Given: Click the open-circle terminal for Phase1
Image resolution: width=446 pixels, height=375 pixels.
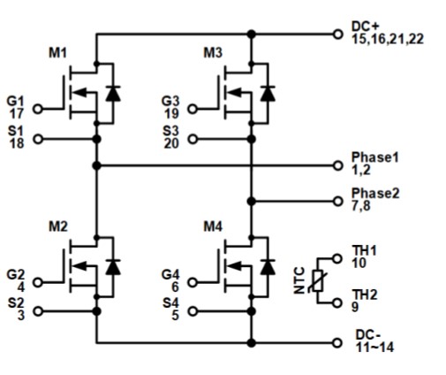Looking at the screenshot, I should coord(337,165).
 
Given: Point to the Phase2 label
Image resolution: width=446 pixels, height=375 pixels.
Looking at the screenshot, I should coord(374,194).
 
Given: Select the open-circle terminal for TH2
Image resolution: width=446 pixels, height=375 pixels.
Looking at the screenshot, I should coord(337,302).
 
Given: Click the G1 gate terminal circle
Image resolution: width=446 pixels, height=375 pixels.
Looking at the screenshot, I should coord(37,111).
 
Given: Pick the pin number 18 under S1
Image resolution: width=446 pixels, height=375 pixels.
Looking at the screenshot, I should coord(16,144).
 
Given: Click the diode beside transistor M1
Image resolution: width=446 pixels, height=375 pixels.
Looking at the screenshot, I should coord(112,93).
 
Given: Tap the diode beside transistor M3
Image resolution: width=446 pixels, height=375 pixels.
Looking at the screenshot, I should coord(268,93).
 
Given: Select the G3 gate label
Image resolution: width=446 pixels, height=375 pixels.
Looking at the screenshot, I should coord(171,100).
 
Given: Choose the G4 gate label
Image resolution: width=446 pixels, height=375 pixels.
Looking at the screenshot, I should coord(171,274).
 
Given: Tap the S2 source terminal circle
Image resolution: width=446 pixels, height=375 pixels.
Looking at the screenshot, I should coord(37,310).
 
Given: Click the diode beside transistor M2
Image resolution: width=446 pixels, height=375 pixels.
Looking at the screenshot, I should coord(112,264).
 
